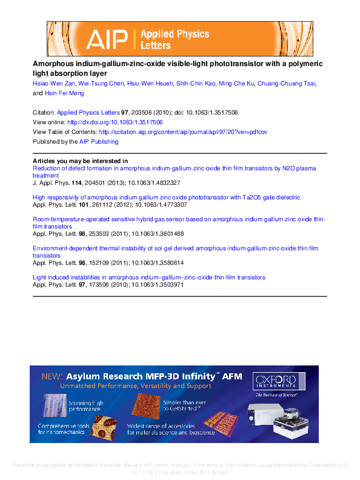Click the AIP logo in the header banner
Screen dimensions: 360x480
coord(107,39)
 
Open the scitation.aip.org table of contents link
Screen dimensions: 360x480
coord(182,132)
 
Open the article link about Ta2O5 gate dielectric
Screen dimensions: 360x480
coord(166,197)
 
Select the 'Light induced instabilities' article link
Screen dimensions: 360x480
coord(148,277)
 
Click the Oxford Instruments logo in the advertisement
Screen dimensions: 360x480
coord(274,381)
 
